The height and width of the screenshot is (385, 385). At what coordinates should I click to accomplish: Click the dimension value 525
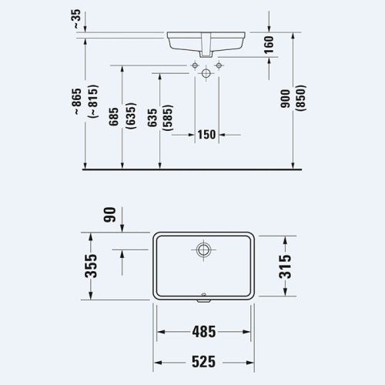203,359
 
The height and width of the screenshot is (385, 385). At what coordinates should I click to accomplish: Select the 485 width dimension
203,333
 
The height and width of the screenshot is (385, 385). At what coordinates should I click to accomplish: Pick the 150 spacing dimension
206,135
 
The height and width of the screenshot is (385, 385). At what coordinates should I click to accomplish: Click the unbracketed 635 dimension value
152,115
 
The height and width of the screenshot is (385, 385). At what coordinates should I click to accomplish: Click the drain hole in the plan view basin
203,249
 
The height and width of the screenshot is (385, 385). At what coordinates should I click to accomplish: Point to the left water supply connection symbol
192,67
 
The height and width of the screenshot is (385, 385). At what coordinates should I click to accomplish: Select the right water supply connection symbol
219,67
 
